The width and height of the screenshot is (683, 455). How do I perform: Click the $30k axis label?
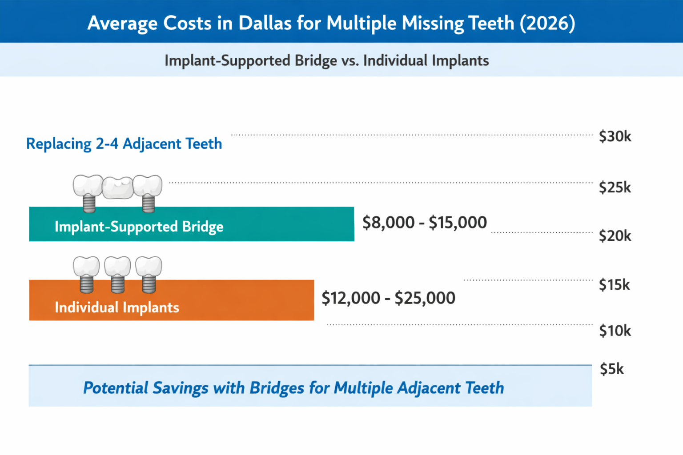(x=615, y=136)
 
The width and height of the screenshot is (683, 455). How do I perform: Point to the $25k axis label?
(x=615, y=188)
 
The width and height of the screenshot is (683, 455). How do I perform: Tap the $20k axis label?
(x=615, y=235)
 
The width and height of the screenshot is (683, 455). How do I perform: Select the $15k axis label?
(x=614, y=284)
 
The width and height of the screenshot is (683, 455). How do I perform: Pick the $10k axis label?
(x=615, y=331)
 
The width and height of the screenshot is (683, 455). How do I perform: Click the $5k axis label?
(x=611, y=369)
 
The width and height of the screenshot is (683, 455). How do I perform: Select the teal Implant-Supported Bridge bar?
(x=191, y=224)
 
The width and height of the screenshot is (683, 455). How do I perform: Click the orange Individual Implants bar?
(x=171, y=300)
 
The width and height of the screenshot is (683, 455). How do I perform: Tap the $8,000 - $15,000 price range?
(x=424, y=222)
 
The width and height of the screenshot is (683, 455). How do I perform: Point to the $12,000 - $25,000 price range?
(x=388, y=298)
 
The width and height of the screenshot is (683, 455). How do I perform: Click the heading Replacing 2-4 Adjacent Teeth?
(x=124, y=144)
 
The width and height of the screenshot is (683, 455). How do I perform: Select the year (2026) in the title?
(x=547, y=23)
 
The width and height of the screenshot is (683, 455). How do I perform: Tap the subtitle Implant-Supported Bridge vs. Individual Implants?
(x=326, y=60)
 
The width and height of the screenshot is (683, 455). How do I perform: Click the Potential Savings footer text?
(x=293, y=387)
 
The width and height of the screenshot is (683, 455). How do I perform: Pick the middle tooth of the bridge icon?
(x=118, y=188)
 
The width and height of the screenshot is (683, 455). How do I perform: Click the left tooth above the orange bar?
(x=86, y=267)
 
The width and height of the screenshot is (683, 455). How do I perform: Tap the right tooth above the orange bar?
(x=149, y=267)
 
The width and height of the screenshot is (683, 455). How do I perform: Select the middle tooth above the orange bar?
(x=117, y=267)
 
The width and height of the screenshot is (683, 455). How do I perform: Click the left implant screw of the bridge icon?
(x=89, y=204)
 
